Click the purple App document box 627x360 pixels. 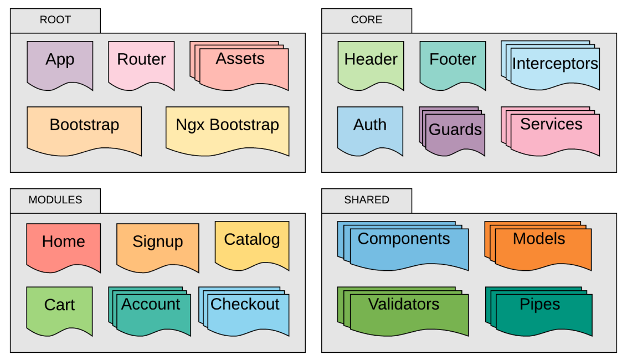[60, 64]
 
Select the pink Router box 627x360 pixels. [141, 64]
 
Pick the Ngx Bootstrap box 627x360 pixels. [227, 129]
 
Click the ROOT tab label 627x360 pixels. [55, 20]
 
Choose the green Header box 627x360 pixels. [371, 64]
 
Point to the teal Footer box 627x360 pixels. [453, 64]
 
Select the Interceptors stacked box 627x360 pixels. [554, 68]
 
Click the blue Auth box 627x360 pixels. [370, 129]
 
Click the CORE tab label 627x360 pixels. [367, 20]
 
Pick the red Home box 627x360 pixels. [64, 245]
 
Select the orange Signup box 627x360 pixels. [158, 245]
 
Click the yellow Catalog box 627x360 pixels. [252, 244]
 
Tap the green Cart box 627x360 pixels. [60, 309]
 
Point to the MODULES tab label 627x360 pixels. [55, 200]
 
